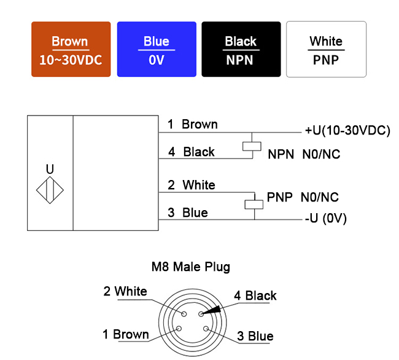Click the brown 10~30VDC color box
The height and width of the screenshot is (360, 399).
pyautogui.click(x=71, y=49)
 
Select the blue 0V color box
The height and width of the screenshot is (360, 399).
pyautogui.click(x=157, y=49)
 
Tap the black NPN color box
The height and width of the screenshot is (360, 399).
pyautogui.click(x=241, y=49)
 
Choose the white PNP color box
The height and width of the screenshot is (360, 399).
pyautogui.click(x=326, y=49)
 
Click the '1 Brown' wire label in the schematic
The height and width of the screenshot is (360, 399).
pyautogui.click(x=193, y=124)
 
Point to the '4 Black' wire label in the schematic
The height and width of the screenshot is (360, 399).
pyautogui.click(x=192, y=152)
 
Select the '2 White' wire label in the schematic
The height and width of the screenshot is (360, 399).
pyautogui.click(x=192, y=185)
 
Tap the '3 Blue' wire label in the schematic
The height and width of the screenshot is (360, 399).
pyautogui.click(x=188, y=213)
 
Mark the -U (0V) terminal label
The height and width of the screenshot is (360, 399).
pyautogui.click(x=326, y=218)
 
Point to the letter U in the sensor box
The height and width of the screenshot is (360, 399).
pyautogui.click(x=50, y=168)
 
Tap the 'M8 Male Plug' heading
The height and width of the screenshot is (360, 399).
pyautogui.click(x=191, y=267)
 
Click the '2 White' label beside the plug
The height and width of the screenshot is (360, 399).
pyautogui.click(x=125, y=291)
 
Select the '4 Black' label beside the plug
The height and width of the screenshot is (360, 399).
pyautogui.click(x=255, y=295)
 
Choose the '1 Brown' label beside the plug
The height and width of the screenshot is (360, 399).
pyautogui.click(x=126, y=334)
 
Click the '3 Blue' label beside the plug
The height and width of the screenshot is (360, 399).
pyautogui.click(x=255, y=336)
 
